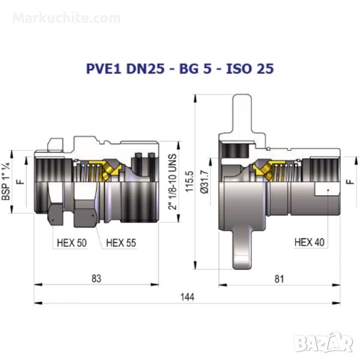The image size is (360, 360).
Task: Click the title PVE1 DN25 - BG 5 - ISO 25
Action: pos(180,68)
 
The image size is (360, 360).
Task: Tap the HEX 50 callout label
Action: pos(71,242)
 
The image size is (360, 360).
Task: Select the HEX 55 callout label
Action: pos(121,242)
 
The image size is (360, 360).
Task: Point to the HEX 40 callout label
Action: pos(309,242)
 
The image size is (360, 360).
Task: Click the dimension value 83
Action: pos(97,278)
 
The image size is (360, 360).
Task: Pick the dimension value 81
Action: pos(279,279)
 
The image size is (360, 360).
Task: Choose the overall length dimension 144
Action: pos(187,297)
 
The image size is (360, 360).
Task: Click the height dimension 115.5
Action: pos(190,181)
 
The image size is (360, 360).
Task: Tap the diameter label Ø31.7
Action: pos(205,182)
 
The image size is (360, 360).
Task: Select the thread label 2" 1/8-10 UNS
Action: pos(173,182)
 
